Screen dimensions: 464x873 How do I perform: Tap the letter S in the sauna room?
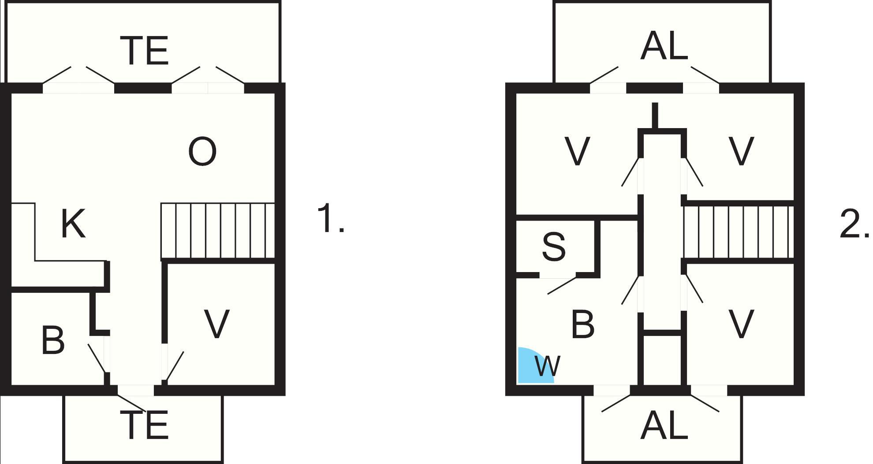553,247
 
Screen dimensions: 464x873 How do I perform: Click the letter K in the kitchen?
73,224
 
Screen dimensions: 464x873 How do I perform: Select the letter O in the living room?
202,152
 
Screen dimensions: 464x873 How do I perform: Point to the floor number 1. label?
330,218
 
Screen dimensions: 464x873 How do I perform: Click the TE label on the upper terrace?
145,51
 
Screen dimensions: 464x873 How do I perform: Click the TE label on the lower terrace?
145,425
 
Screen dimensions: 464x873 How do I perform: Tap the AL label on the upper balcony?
664,47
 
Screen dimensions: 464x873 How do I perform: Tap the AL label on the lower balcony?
664,426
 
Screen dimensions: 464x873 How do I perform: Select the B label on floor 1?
53,340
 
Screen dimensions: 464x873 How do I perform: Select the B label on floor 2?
582,324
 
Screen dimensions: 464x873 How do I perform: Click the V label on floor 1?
216,324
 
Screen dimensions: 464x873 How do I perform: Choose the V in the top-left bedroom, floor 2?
577,151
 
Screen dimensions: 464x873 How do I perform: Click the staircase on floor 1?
218,231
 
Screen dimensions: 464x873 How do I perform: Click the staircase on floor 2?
739,232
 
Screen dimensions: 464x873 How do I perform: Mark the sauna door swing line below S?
562,285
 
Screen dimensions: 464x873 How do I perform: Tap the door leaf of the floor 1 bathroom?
97,358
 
